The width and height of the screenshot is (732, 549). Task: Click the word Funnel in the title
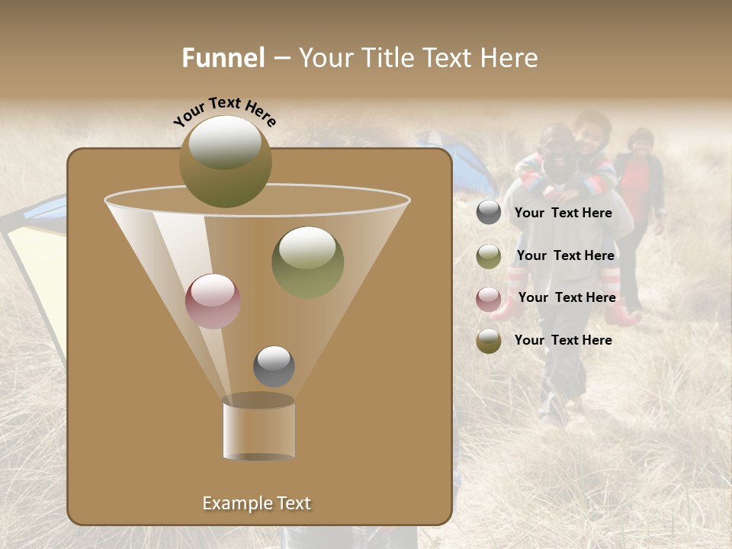[223, 58]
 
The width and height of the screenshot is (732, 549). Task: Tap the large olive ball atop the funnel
[225, 162]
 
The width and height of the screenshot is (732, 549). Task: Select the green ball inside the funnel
[307, 262]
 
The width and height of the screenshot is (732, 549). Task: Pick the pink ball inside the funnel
[213, 300]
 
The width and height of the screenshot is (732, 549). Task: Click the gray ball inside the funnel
[274, 366]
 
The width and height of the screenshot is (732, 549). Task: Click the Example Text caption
[256, 503]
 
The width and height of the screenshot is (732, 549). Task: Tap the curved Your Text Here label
[224, 112]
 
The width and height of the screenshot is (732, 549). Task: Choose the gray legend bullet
[489, 213]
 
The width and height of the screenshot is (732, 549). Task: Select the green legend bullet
[489, 255]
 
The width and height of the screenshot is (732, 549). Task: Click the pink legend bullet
[489, 298]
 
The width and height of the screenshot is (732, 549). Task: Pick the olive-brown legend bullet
[489, 340]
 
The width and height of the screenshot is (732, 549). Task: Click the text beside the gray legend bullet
[563, 213]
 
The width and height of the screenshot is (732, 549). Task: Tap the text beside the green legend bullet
[565, 255]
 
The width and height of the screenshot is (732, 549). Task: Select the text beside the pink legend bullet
[567, 297]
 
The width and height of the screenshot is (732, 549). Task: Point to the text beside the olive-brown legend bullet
[563, 340]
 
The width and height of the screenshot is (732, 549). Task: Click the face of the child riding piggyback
[589, 136]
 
